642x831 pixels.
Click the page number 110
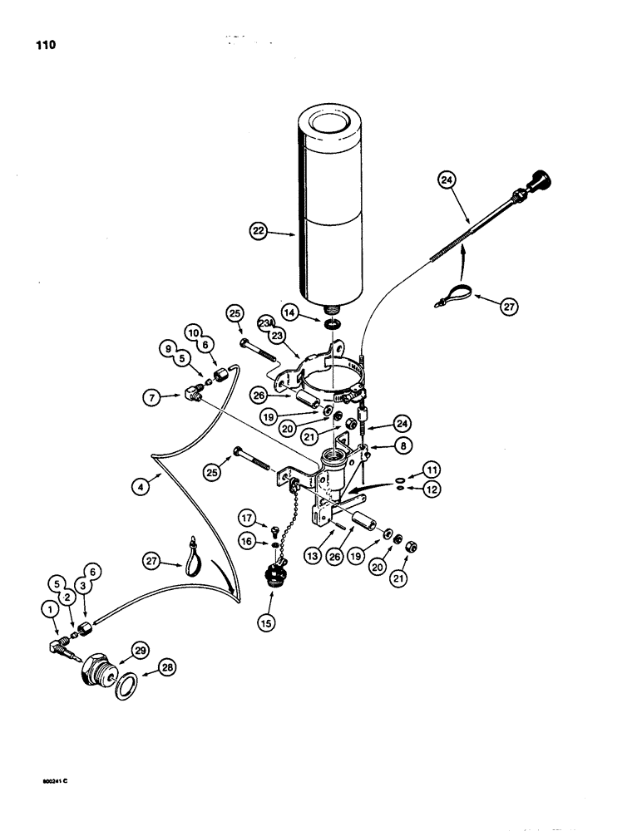(x=42, y=46)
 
